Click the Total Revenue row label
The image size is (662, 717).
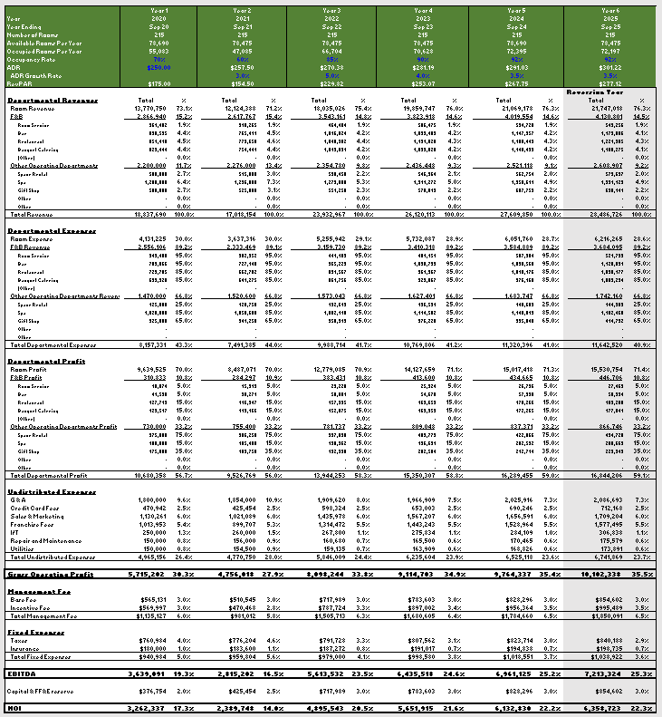click(30, 215)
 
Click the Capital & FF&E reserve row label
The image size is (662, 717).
click(41, 691)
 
